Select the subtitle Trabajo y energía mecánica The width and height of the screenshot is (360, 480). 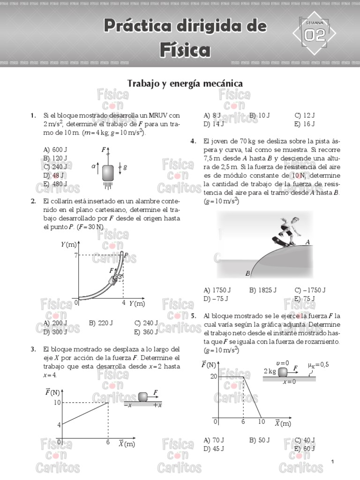click(x=185, y=83)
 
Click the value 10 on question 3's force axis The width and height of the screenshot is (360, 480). click(x=56, y=402)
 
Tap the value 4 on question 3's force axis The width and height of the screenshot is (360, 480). click(x=59, y=425)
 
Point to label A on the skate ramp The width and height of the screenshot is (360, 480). click(x=307, y=242)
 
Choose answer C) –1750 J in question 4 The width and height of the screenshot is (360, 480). click(x=310, y=290)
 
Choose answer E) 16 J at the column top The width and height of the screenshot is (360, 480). click(x=305, y=124)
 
